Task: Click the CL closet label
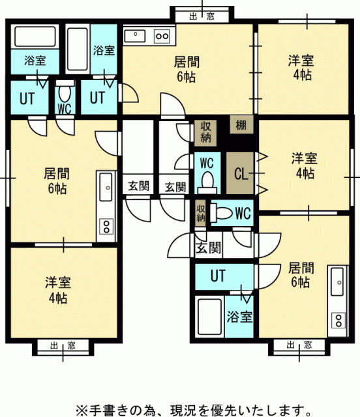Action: pyautogui.click(x=241, y=174)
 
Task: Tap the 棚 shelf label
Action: pyautogui.click(x=241, y=125)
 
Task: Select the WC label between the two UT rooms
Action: pyautogui.click(x=65, y=108)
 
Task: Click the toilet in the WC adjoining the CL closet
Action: pyautogui.click(x=207, y=183)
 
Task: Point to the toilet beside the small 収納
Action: pyautogui.click(x=221, y=213)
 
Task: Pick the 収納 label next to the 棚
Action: pyautogui.click(x=205, y=132)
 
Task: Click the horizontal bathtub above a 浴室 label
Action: pyautogui.click(x=35, y=36)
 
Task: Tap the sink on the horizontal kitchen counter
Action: pyautogui.click(x=135, y=36)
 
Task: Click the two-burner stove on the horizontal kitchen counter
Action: pyautogui.click(x=162, y=36)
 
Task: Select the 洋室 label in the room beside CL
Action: pyautogui.click(x=305, y=158)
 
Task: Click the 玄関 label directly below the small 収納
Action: pyautogui.click(x=208, y=249)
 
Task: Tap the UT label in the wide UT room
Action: pyautogui.click(x=218, y=276)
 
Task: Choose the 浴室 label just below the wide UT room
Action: pyautogui.click(x=239, y=317)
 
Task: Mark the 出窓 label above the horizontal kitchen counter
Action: pyautogui.click(x=202, y=17)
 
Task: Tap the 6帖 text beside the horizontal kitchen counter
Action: pyautogui.click(x=186, y=77)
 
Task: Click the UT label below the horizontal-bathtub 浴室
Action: pyautogui.click(x=27, y=98)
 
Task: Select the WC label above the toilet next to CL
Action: pyautogui.click(x=207, y=162)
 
